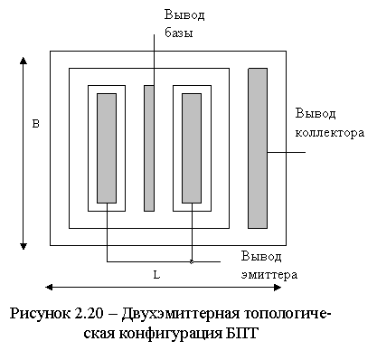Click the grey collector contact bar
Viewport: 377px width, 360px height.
(x=258, y=148)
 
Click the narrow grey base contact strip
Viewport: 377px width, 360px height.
(x=149, y=148)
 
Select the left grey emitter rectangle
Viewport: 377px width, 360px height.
(x=107, y=148)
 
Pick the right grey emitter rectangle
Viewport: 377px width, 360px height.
(x=192, y=148)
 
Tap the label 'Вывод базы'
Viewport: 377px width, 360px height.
(x=184, y=24)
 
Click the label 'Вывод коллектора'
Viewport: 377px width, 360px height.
(x=330, y=123)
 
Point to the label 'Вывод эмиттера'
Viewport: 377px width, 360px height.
(x=269, y=266)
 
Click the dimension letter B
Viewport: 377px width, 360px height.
(x=36, y=124)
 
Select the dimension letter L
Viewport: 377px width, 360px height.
(x=156, y=275)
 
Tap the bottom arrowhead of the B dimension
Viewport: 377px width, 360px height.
(x=24, y=246)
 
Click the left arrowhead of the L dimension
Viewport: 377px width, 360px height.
(x=49, y=287)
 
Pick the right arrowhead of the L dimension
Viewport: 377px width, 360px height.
(x=278, y=287)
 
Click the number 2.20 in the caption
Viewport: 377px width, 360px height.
(x=89, y=314)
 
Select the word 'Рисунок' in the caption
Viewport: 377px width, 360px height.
(x=40, y=314)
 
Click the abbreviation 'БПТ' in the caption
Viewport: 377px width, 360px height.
(x=241, y=334)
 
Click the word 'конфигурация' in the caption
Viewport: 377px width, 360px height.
(x=170, y=334)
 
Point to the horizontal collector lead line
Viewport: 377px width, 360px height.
(x=287, y=152)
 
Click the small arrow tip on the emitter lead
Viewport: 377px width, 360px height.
(x=193, y=261)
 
